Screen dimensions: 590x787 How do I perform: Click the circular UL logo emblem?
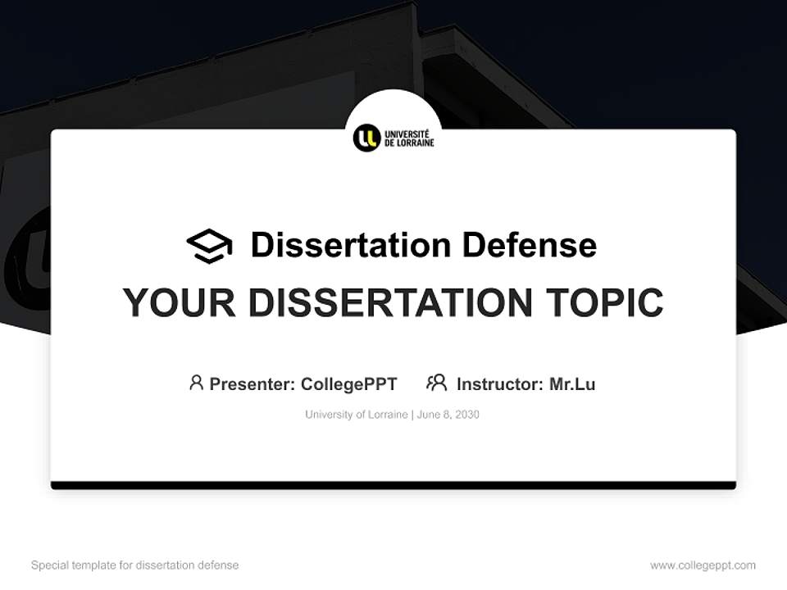(x=366, y=138)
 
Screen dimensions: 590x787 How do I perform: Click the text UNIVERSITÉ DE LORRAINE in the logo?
(x=409, y=138)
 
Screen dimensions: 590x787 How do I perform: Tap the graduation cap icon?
(x=209, y=246)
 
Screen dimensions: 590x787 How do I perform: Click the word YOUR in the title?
(x=179, y=303)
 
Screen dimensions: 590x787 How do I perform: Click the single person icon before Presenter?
(x=196, y=383)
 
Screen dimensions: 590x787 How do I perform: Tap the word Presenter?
(x=252, y=384)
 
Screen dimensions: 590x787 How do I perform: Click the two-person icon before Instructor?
(x=436, y=383)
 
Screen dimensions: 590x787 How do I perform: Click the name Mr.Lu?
(x=572, y=384)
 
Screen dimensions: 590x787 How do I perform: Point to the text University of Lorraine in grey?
(x=356, y=415)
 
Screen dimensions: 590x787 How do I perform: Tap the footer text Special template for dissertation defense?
(x=134, y=565)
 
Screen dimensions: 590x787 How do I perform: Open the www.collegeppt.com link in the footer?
(x=703, y=565)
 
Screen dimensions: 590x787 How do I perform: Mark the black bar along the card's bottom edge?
(x=393, y=485)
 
